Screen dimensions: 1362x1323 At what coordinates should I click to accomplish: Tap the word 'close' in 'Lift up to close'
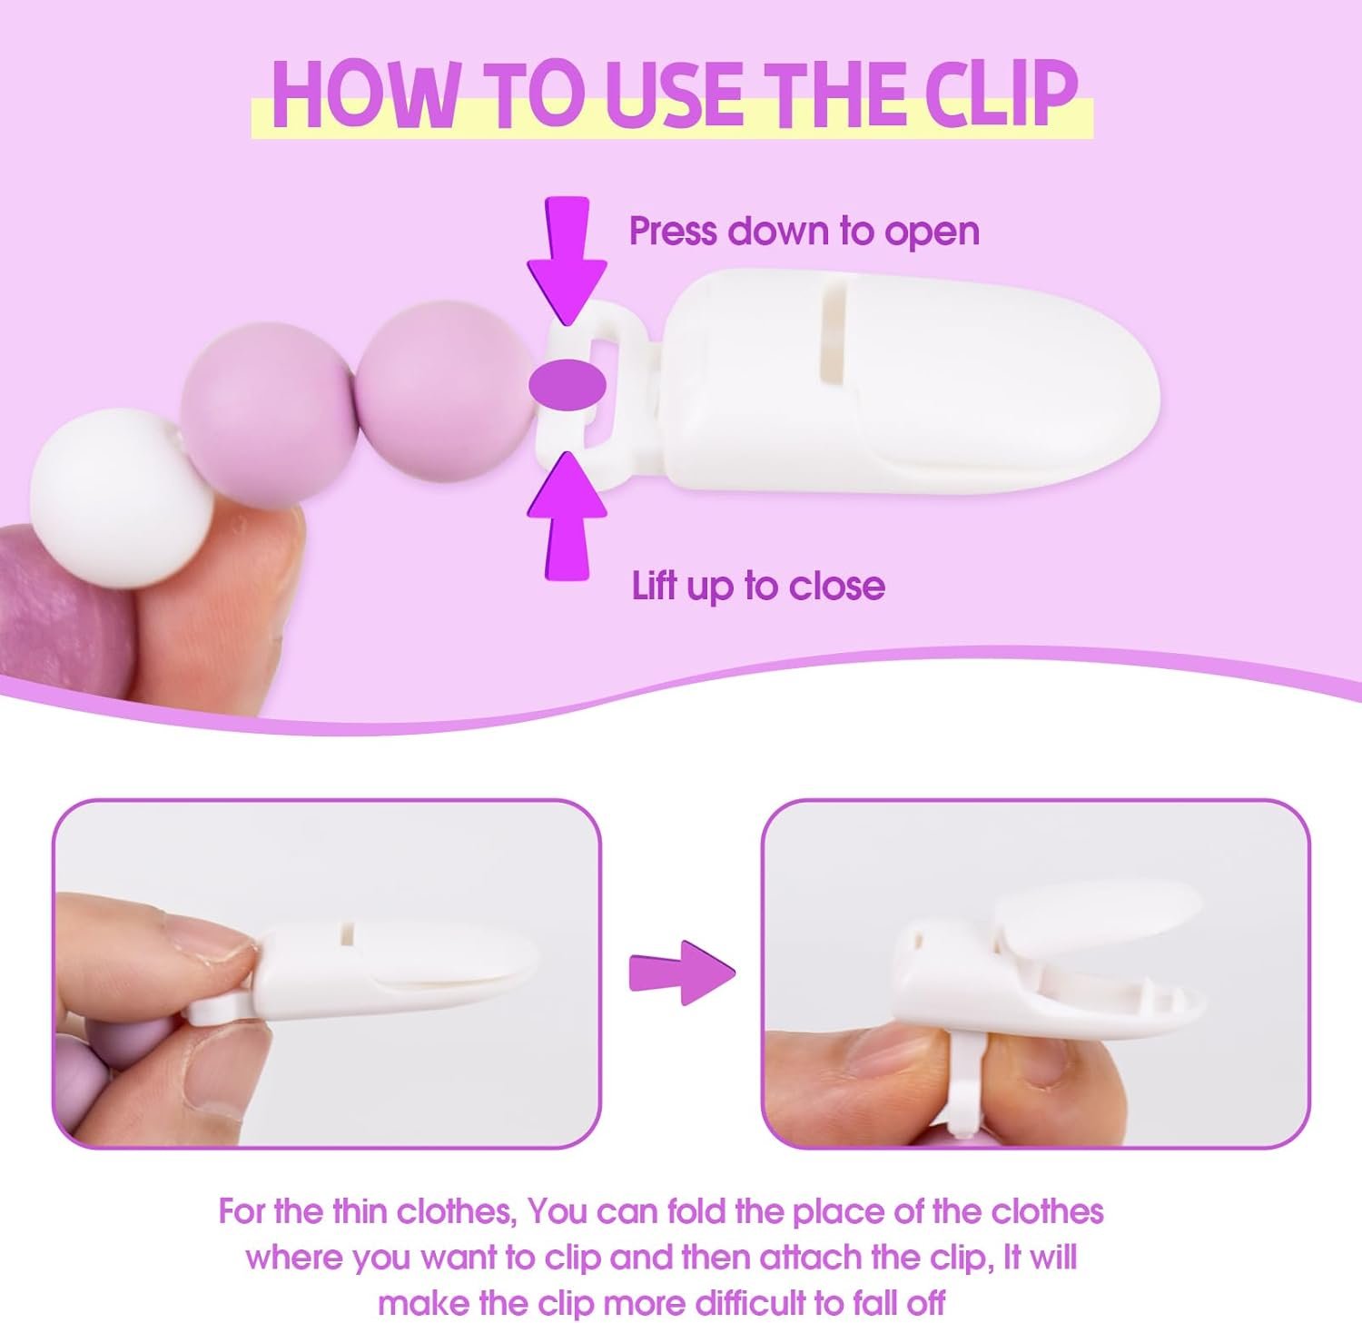(836, 585)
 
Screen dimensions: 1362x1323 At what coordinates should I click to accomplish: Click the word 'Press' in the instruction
(676, 231)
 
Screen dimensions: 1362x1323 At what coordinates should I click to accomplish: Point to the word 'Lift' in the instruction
(655, 585)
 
